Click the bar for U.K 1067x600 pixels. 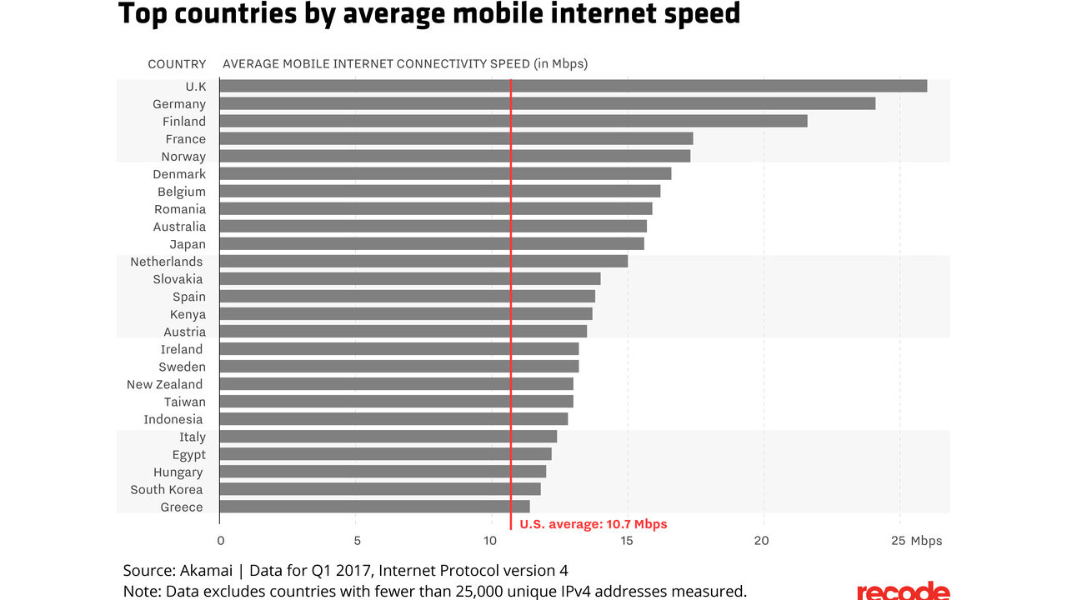tap(573, 86)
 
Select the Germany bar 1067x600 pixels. tap(547, 103)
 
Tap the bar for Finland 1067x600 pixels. tap(513, 121)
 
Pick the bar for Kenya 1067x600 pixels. tap(406, 314)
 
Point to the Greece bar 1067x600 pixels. tap(374, 507)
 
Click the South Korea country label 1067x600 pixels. tap(167, 489)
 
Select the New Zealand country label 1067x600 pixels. tap(164, 384)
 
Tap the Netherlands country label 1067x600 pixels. tap(166, 262)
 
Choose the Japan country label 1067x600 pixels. tap(188, 244)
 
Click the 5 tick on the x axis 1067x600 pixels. tap(356, 541)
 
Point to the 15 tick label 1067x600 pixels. tap(627, 541)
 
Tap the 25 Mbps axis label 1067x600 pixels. tap(915, 541)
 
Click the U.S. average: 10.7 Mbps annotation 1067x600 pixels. tap(593, 524)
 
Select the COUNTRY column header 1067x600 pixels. tap(177, 64)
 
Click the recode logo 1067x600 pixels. tap(903, 591)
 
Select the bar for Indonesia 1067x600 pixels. tap(393, 419)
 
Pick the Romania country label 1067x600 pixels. tap(180, 209)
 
